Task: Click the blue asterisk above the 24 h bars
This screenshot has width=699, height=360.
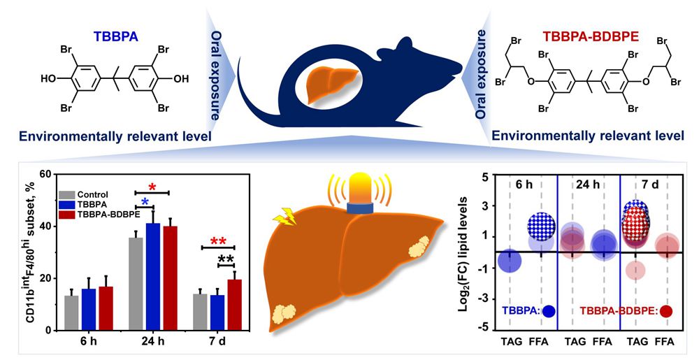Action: pos(145,203)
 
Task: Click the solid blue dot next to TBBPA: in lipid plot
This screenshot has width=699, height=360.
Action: pos(548,312)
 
